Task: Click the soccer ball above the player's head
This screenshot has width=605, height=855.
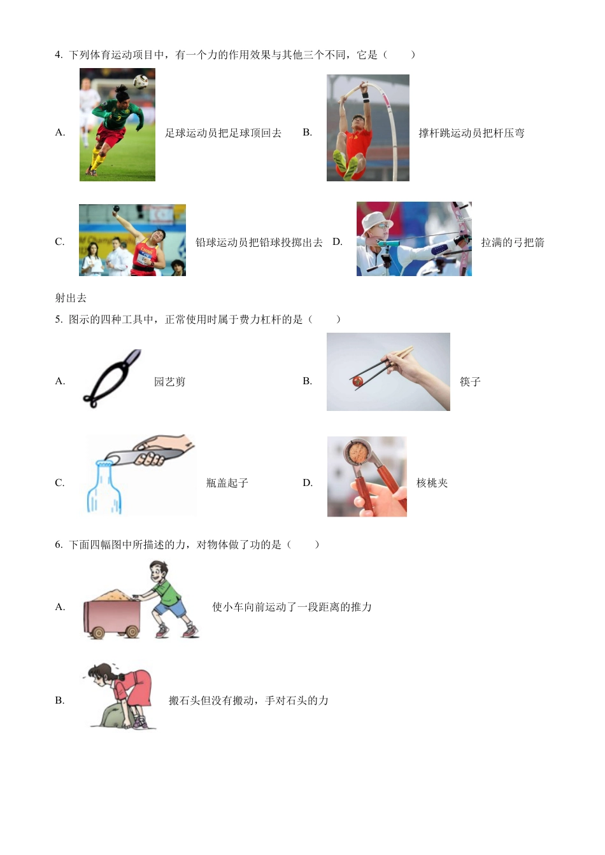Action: (141, 81)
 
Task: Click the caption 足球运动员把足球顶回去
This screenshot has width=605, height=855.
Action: (223, 133)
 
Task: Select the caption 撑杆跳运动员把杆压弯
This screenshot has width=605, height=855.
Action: (471, 133)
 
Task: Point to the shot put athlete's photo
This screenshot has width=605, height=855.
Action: (132, 240)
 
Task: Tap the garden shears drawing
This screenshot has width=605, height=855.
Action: (111, 379)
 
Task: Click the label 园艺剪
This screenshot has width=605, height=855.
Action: (169, 382)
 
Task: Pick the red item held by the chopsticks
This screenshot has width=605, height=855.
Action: (357, 381)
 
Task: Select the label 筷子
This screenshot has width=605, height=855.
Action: (470, 382)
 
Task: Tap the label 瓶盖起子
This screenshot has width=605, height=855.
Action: (227, 483)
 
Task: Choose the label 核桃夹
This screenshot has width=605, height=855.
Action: (432, 483)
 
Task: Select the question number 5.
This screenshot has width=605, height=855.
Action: (59, 319)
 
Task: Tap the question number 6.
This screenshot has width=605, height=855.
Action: (59, 545)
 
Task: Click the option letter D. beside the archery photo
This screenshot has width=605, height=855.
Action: (338, 242)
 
